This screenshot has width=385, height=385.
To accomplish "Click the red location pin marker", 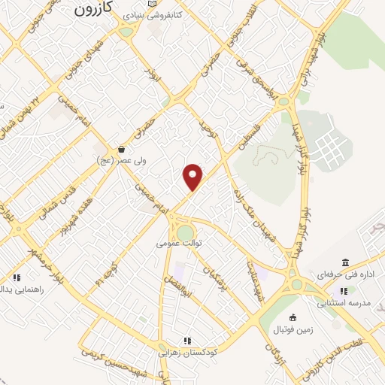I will [x=193, y=176].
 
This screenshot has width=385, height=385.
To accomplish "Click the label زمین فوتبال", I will [x=294, y=328].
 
